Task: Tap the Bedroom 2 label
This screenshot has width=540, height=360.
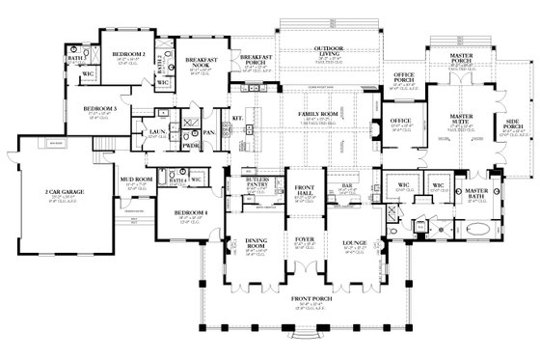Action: point(128,55)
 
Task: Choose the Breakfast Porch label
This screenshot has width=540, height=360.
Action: point(259,61)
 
